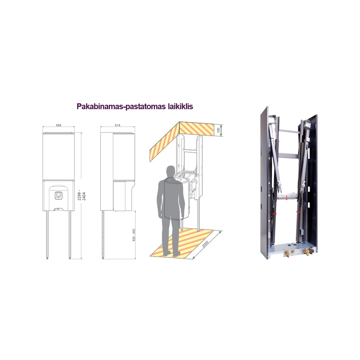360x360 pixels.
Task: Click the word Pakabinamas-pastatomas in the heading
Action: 120,107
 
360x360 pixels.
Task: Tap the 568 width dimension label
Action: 59,125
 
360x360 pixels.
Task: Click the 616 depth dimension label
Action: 117,125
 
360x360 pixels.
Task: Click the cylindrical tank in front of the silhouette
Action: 180,196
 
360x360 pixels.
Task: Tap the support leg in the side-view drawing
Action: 103,234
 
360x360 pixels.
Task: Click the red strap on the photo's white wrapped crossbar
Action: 286,197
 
